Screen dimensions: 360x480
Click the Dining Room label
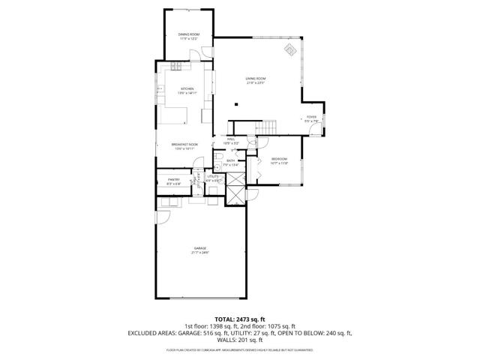188,34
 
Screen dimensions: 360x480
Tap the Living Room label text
256,79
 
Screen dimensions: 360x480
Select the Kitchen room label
187,89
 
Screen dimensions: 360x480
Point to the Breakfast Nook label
184,145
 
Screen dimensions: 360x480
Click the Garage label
199,249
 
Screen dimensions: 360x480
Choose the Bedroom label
279,159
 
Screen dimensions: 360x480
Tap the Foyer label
310,117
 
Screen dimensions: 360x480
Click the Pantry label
173,180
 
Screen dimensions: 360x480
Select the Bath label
231,160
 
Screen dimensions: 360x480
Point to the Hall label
232,139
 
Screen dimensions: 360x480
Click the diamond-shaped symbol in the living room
289,50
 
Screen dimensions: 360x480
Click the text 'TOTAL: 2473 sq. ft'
240,319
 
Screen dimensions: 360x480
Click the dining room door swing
196,55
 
